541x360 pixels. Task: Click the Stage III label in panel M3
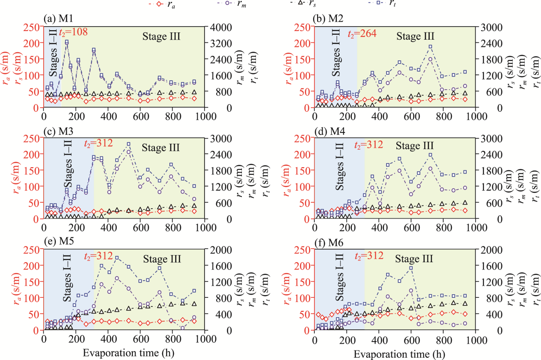point(161,147)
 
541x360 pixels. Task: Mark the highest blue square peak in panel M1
point(67,42)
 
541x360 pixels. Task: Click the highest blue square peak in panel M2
point(430,46)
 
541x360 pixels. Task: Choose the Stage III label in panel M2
point(415,36)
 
